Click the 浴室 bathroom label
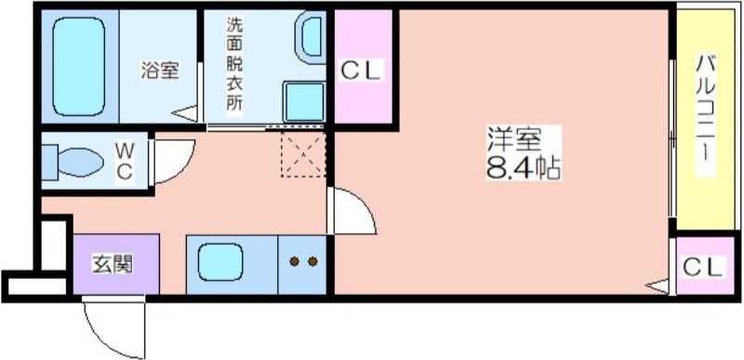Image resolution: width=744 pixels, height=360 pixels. pyautogui.click(x=160, y=70)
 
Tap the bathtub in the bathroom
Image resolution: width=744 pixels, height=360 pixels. pyautogui.click(x=79, y=67)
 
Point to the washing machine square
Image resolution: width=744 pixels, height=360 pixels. pyautogui.click(x=303, y=100)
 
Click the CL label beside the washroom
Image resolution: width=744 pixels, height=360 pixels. pyautogui.click(x=361, y=70)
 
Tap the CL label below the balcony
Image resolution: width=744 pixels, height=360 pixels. pyautogui.click(x=702, y=267)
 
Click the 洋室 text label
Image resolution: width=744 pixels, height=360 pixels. pyautogui.click(x=513, y=140)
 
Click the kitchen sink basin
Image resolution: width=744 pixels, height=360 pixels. pyautogui.click(x=218, y=262)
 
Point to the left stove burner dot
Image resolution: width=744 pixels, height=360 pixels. pyautogui.click(x=294, y=261)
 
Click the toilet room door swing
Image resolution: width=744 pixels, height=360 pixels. pyautogui.click(x=173, y=161)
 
